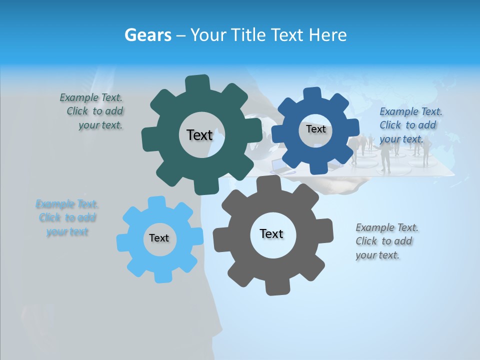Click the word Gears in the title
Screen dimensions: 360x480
tap(147, 35)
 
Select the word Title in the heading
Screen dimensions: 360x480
tap(248, 35)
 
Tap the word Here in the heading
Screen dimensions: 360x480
tap(328, 35)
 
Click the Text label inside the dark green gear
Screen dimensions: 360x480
tap(199, 135)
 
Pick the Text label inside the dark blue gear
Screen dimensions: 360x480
tap(315, 129)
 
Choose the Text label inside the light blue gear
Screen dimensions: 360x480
tap(159, 238)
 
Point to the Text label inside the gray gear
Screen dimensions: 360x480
tap(271, 233)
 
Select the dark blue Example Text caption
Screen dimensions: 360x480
tap(409, 125)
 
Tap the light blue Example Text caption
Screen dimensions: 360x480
tap(67, 218)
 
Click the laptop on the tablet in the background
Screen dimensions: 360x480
tap(278, 165)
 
